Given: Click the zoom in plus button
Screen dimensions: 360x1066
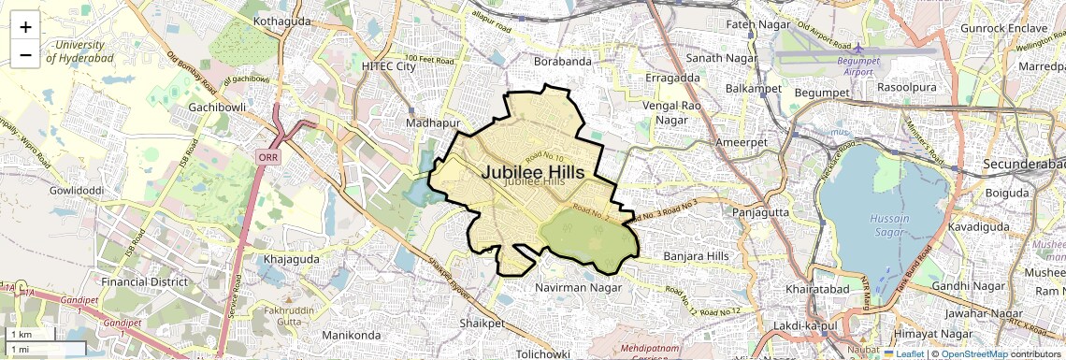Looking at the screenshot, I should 25,27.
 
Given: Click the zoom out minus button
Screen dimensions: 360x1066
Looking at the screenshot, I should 25,55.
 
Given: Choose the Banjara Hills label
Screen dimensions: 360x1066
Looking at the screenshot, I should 695,255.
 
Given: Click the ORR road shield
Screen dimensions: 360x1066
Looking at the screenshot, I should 266,158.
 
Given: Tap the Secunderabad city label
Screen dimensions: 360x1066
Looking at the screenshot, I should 1024,165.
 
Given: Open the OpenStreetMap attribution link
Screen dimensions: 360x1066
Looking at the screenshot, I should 974,353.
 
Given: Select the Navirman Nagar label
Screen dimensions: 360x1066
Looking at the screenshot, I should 572,287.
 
